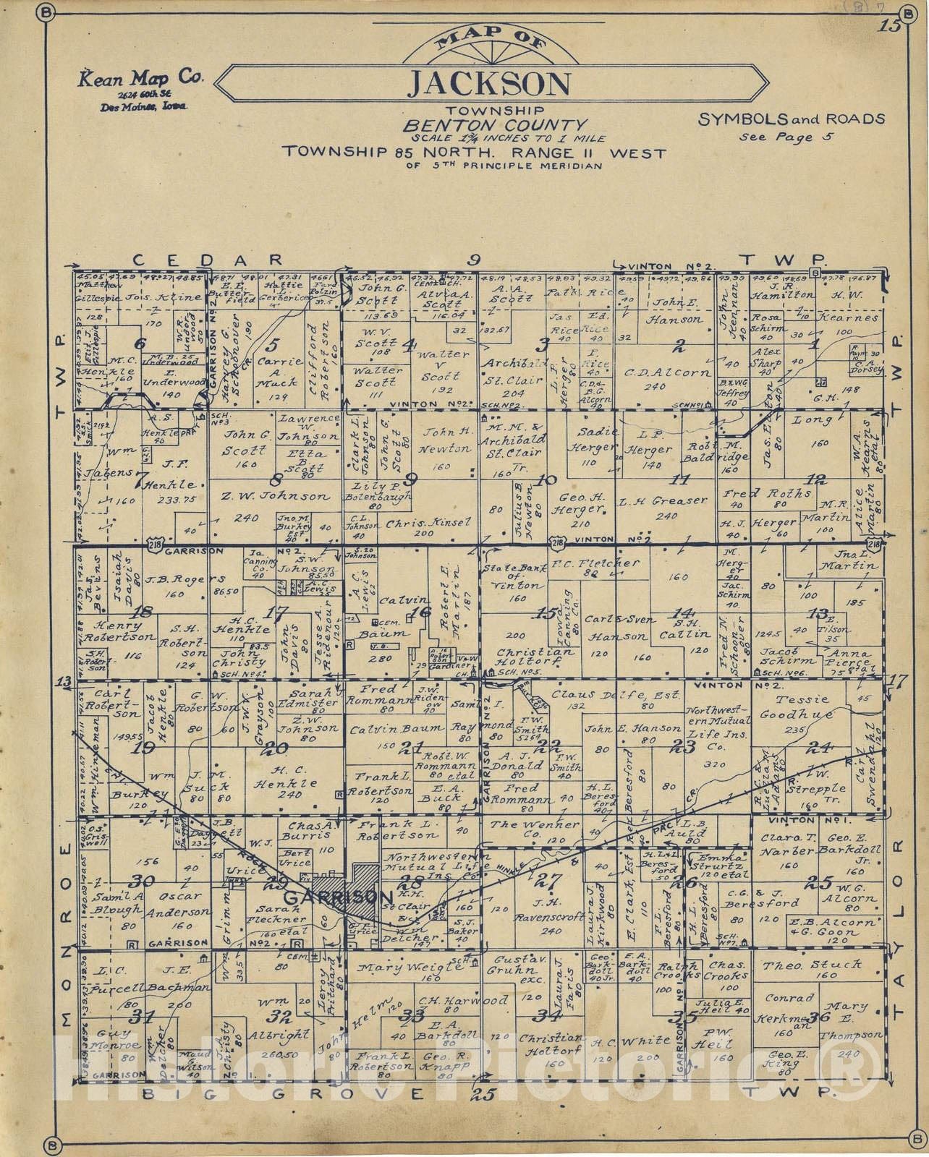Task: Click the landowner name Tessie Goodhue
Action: [807, 706]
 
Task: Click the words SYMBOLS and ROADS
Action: [791, 119]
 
